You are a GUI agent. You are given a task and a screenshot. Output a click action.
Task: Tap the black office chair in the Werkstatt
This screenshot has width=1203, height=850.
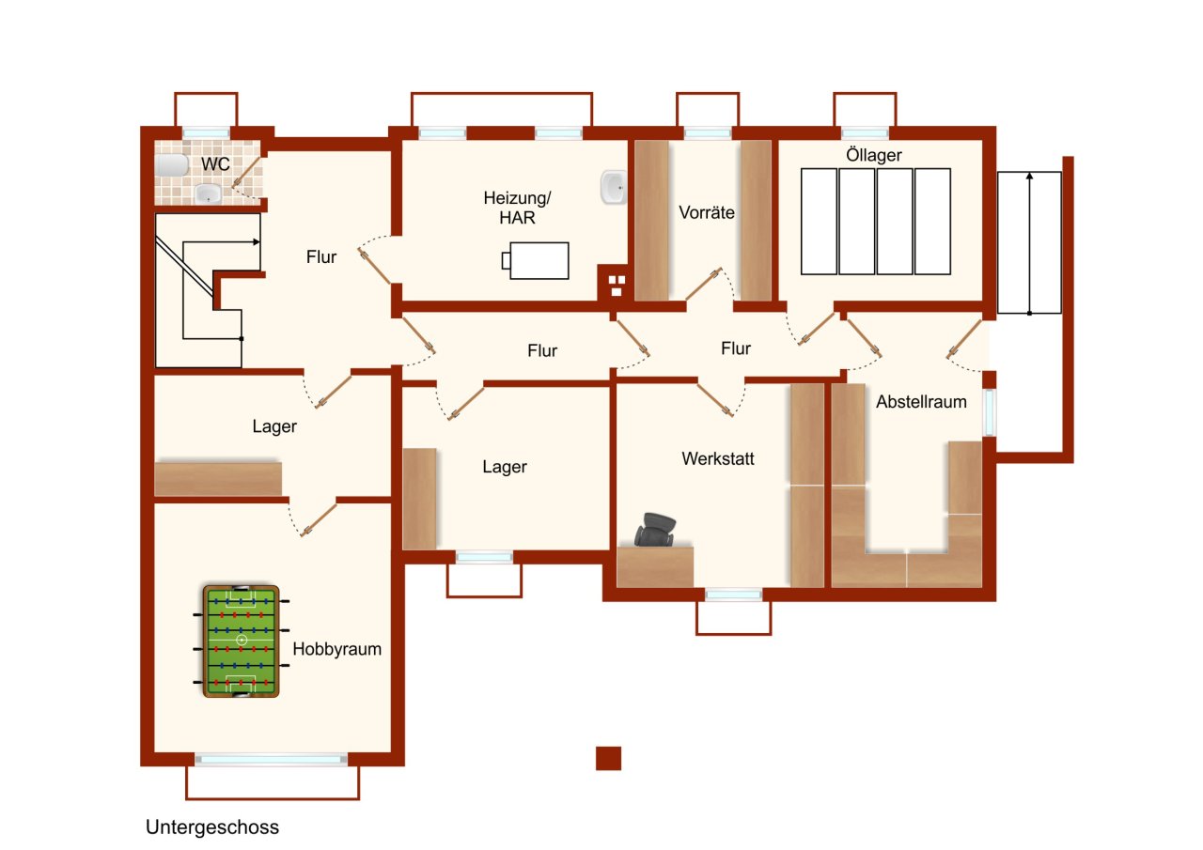[x=655, y=530]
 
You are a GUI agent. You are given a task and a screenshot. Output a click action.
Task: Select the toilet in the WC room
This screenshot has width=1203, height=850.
[x=172, y=165]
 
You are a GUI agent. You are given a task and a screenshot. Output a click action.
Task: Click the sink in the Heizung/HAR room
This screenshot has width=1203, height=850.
[x=613, y=188]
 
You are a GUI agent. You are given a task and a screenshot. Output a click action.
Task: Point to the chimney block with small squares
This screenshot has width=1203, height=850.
[x=616, y=284]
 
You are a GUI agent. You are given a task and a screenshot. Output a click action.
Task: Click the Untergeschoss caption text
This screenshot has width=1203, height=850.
[x=212, y=827]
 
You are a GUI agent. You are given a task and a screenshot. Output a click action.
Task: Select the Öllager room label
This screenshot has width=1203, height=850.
[x=873, y=156]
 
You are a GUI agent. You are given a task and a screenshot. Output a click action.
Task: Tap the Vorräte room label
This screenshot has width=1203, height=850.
[x=707, y=212]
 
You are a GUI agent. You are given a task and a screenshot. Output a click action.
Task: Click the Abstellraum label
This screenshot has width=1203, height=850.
[x=921, y=402]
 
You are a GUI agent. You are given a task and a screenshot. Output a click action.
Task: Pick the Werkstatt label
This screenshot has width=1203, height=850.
[x=718, y=459]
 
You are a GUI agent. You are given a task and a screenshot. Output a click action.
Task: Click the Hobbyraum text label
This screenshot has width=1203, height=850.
[x=336, y=649]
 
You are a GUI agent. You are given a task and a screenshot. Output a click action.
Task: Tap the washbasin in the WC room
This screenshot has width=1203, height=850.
[x=208, y=194]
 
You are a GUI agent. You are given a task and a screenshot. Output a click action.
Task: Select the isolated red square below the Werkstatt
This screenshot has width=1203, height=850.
[x=608, y=758]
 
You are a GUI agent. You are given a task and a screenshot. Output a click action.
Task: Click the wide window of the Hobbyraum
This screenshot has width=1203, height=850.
[x=271, y=759]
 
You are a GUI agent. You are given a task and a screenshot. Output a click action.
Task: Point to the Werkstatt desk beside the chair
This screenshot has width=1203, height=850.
[x=655, y=566]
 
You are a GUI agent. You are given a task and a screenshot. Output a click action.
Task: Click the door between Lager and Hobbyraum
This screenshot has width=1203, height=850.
[x=318, y=518]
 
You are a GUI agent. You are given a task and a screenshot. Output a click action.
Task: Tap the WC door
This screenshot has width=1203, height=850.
[x=246, y=176]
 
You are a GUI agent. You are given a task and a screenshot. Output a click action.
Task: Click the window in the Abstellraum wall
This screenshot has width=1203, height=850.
[x=990, y=411]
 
